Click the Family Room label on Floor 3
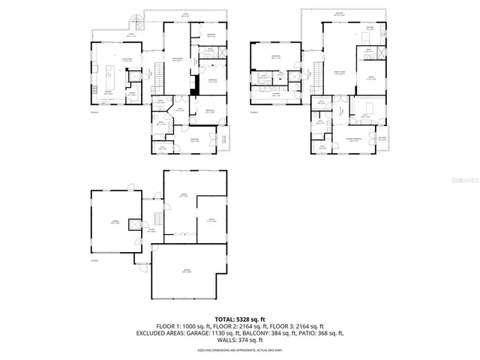click(339, 73)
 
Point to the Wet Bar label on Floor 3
click(370, 28)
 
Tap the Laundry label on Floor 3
click(276, 94)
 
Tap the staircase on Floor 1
click(157, 218)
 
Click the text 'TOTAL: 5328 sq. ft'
click(239, 319)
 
